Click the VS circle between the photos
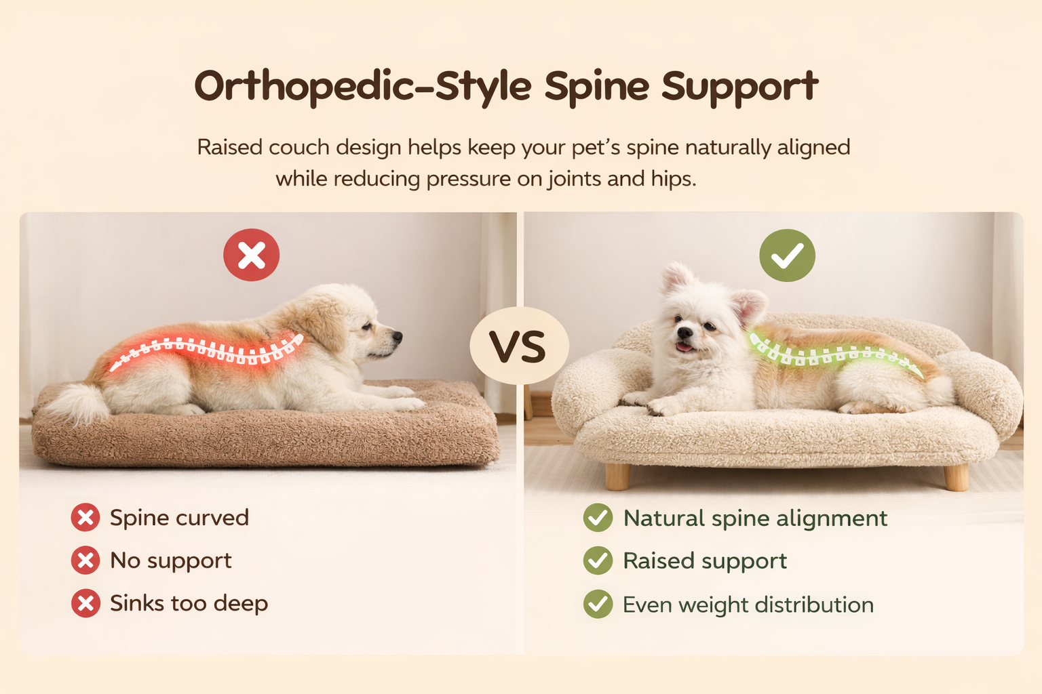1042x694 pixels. [518, 346]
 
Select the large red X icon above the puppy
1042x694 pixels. [252, 255]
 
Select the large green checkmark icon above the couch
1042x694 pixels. [787, 255]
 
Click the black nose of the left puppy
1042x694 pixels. [398, 335]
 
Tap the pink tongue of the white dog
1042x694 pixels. [684, 348]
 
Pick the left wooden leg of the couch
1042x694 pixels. [617, 476]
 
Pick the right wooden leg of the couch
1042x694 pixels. [956, 476]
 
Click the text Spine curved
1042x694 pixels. [179, 518]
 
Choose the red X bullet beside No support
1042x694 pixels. [85, 560]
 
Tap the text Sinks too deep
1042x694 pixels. [189, 603]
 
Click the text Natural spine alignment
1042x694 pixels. [754, 518]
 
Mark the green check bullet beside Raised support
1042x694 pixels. [598, 561]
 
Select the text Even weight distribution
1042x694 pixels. [748, 605]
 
